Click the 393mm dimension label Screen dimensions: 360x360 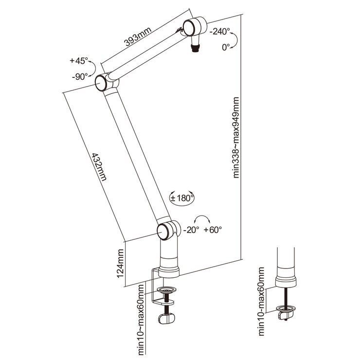click(138, 36)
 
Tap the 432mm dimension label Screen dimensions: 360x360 click(99, 167)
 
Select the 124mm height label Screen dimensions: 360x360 click(120, 264)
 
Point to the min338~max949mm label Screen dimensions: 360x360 click(236, 138)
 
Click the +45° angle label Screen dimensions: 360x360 click(79, 61)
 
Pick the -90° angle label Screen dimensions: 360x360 click(80, 76)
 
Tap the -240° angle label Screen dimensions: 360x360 click(220, 31)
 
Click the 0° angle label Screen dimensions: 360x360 click(226, 47)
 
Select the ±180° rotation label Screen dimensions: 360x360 click(182, 198)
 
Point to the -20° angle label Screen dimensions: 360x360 click(191, 230)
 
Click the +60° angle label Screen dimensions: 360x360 click(213, 230)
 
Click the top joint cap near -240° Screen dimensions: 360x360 click(189, 28)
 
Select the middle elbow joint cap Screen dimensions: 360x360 click(101, 83)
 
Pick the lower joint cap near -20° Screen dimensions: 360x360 click(163, 232)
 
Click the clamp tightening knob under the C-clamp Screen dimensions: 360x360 click(166, 319)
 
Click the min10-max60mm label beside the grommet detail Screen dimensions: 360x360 click(261, 302)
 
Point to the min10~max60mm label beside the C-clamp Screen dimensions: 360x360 click(141, 320)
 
